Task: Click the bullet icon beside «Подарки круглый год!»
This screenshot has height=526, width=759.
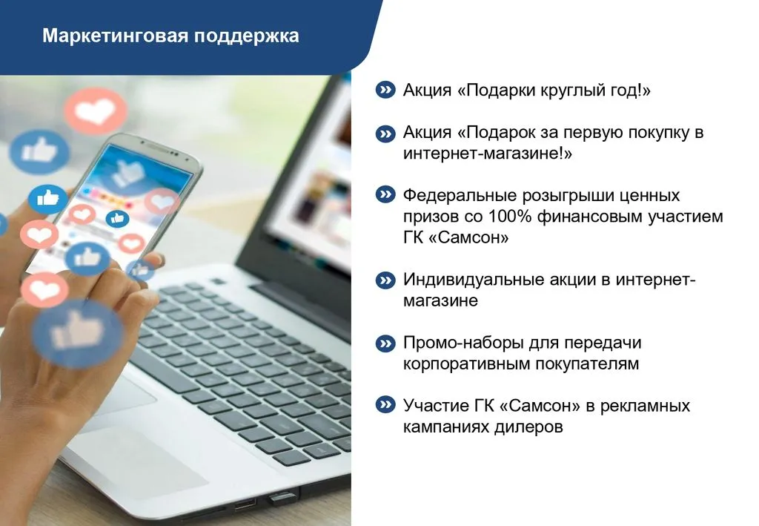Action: pyautogui.click(x=385, y=90)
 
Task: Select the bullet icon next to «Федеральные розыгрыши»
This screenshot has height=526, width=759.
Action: pyautogui.click(x=385, y=194)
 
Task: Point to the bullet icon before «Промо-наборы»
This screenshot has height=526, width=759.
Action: pyautogui.click(x=385, y=343)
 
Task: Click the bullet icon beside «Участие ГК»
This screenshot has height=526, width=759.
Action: pyautogui.click(x=385, y=404)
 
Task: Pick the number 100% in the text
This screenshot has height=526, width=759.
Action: pyautogui.click(x=510, y=216)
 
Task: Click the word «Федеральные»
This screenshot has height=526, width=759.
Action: pyautogui.click(x=459, y=195)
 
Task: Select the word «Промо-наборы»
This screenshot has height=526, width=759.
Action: pyautogui.click(x=463, y=343)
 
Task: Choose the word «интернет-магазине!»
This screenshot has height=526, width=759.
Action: pyautogui.click(x=488, y=154)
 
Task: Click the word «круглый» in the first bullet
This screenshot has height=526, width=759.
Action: pyautogui.click(x=559, y=90)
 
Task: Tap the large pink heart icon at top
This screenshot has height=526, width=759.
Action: pyautogui.click(x=96, y=111)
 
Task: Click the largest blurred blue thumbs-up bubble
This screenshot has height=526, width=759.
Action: pyautogui.click(x=78, y=332)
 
